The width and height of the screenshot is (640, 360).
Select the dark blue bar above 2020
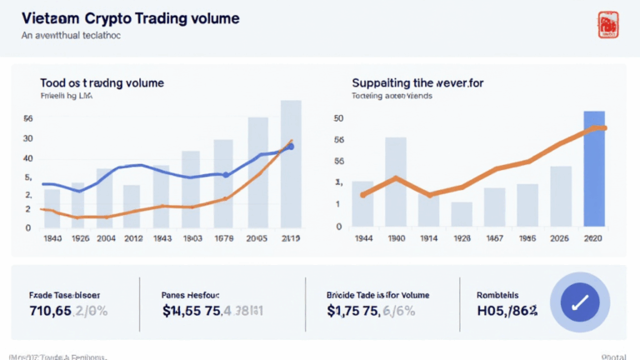point(594,169)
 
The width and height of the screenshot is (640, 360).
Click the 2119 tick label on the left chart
point(291,238)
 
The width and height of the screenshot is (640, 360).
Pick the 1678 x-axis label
point(223,238)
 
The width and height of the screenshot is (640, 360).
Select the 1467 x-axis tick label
point(494,238)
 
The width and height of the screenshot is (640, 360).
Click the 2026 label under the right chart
point(560,238)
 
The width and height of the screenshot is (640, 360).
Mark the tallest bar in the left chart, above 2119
point(291,164)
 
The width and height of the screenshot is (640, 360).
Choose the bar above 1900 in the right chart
point(396,182)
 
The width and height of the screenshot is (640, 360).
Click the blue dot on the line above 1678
point(225,175)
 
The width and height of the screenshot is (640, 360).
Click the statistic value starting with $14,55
point(212,313)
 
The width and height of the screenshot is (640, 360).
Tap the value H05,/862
point(506,313)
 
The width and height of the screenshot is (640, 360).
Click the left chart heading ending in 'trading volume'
point(102,83)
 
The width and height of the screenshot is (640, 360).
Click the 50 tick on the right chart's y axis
point(338,118)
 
